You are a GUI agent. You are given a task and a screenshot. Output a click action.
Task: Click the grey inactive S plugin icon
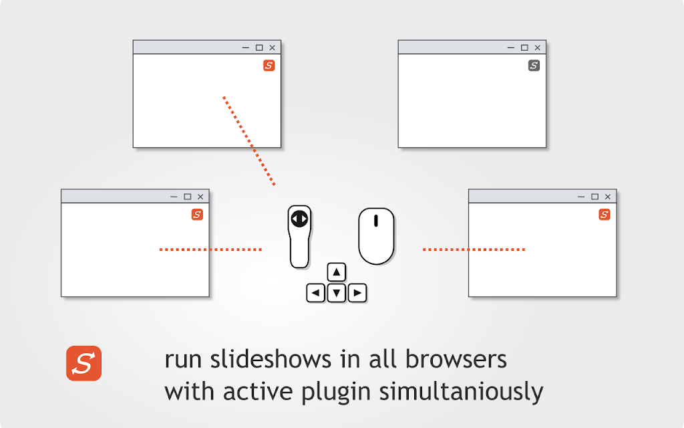click(534, 66)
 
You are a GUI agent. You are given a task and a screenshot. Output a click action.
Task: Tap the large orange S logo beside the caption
click(83, 363)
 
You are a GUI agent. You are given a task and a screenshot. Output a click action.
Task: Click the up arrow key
click(337, 272)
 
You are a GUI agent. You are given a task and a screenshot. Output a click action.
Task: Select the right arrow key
click(357, 293)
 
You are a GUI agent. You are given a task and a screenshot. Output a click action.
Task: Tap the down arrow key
click(337, 293)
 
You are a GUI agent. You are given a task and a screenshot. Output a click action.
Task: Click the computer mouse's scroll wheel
click(375, 221)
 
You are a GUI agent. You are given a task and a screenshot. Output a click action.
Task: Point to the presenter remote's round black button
click(299, 219)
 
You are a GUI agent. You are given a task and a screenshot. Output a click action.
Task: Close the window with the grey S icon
click(538, 47)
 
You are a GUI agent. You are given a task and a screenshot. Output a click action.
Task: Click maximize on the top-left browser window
click(259, 47)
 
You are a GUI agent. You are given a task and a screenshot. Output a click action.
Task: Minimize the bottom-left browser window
click(174, 197)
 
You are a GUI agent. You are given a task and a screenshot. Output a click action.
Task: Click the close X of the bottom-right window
click(608, 197)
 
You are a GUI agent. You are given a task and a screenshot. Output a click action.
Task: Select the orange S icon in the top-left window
click(269, 66)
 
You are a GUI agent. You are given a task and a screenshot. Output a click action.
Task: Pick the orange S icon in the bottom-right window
click(604, 215)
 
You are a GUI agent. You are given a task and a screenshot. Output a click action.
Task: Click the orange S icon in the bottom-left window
click(197, 215)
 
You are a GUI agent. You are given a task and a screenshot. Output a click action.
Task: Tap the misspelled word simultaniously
click(461, 391)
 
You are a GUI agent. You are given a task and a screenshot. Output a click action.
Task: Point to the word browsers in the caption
click(456, 359)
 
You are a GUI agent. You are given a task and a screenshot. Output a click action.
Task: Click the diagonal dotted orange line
click(248, 140)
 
